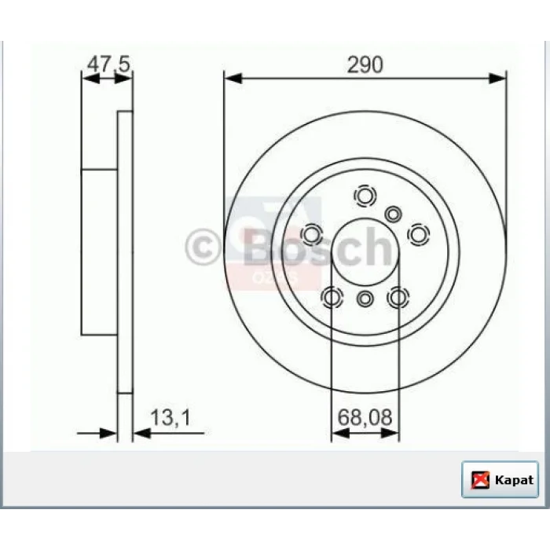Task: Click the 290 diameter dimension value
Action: [365, 65]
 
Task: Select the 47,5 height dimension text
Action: [108, 64]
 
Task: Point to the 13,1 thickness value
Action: [170, 418]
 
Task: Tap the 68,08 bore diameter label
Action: [365, 417]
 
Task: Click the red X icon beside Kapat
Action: [480, 480]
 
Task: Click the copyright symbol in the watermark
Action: [203, 247]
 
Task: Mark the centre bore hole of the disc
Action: [365, 252]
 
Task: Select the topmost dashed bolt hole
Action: [365, 196]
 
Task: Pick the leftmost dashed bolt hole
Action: [311, 234]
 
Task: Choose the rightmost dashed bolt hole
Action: [419, 234]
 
